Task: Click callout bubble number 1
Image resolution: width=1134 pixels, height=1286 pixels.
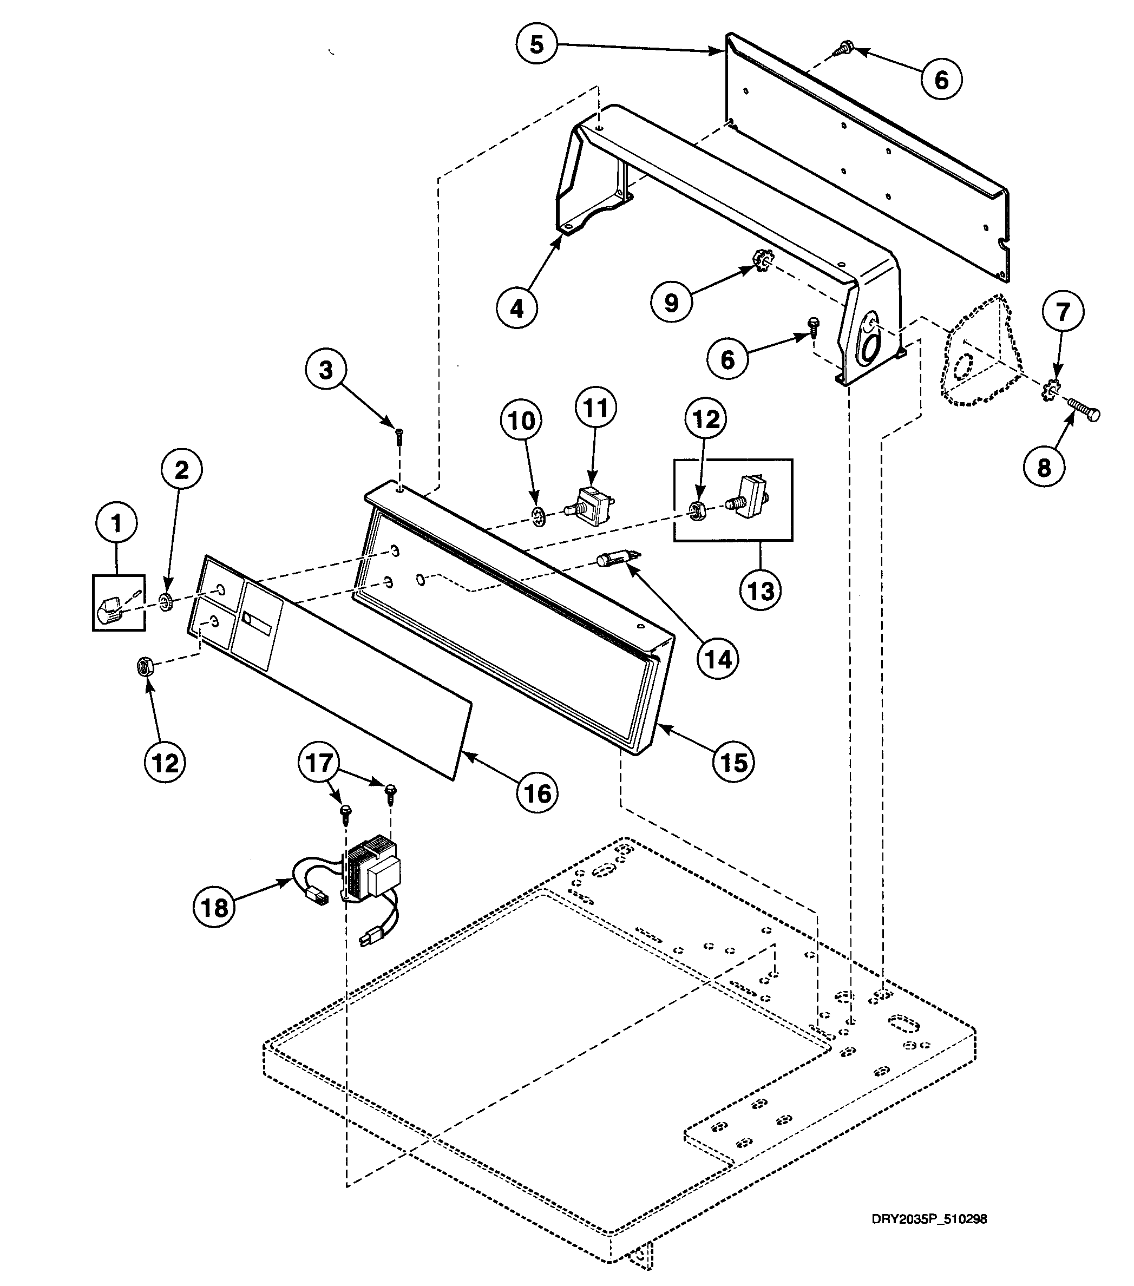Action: (x=116, y=523)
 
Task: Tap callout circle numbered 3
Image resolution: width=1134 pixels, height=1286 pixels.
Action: (x=325, y=370)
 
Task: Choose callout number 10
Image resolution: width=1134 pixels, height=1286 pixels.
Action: (x=521, y=421)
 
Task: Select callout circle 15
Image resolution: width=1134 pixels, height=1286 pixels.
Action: (x=734, y=762)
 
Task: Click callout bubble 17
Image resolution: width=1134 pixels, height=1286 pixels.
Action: (x=318, y=763)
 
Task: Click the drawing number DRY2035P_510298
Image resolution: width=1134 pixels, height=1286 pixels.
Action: (x=929, y=1201)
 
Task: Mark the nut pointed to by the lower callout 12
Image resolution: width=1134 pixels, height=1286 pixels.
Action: (x=146, y=666)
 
